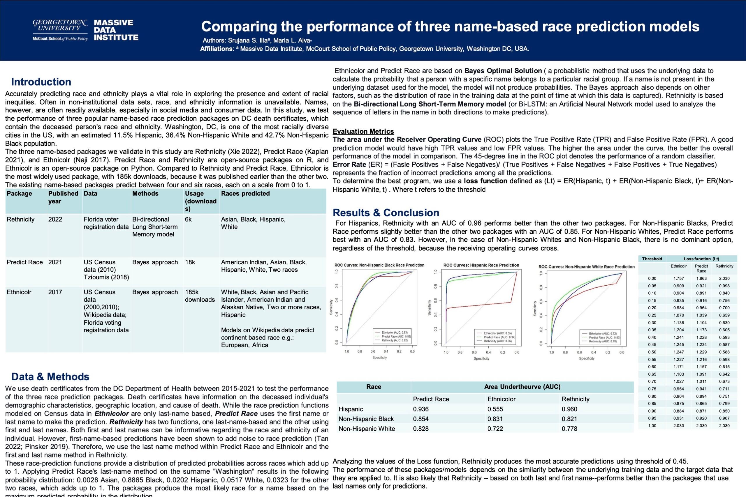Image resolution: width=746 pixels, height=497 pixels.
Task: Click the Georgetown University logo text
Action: [x=60, y=25]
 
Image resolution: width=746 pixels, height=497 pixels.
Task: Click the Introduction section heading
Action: [x=41, y=82]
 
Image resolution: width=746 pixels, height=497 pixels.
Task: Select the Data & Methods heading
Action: [x=50, y=376]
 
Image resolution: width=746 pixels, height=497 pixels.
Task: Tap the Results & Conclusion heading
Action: [x=386, y=212]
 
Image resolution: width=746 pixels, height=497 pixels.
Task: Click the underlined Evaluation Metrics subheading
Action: [x=363, y=131]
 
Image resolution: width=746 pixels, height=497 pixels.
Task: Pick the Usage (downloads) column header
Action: [x=200, y=201]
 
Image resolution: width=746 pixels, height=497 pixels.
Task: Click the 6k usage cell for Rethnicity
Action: [x=189, y=219]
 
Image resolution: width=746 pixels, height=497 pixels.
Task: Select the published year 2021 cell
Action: [x=55, y=262]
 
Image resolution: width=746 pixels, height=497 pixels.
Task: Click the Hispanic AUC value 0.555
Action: [x=495, y=409]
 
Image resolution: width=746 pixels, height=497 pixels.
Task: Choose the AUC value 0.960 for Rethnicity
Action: [x=569, y=409]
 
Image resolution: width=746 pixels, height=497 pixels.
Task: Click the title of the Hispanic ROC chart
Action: [x=481, y=265]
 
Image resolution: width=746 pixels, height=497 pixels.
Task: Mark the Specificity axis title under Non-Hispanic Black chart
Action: [x=379, y=358]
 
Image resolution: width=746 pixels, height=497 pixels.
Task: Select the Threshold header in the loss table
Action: [x=652, y=259]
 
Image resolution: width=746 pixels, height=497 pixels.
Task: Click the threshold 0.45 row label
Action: [x=652, y=344]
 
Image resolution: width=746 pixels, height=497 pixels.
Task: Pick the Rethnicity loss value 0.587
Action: [x=724, y=344]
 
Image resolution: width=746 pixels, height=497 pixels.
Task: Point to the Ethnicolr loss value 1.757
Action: [x=678, y=279]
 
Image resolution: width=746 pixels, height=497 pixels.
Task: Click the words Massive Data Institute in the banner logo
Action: [x=116, y=30]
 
